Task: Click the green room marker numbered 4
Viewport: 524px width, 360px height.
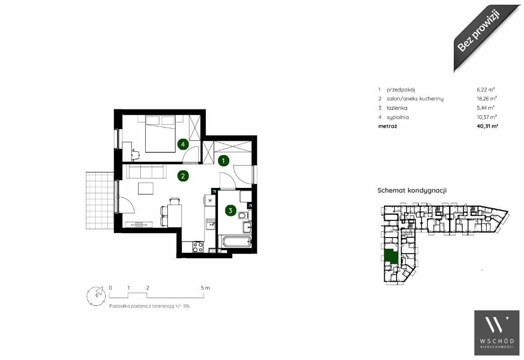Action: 183,144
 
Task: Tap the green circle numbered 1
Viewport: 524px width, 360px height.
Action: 223,161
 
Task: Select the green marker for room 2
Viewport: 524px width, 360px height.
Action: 183,176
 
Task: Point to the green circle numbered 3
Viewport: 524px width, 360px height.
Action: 231,210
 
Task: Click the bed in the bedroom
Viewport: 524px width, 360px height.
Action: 160,134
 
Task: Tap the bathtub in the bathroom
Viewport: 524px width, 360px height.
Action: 235,242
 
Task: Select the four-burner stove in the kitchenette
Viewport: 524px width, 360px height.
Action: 198,247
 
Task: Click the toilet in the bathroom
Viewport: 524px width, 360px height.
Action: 243,215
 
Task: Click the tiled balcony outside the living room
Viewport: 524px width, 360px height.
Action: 100,201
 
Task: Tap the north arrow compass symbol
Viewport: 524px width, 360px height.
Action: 96,296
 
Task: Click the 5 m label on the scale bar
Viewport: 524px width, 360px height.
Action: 205,288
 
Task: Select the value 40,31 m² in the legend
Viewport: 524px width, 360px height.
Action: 488,126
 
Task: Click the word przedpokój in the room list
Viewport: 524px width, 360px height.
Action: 401,90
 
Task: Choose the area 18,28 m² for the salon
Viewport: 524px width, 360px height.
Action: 487,98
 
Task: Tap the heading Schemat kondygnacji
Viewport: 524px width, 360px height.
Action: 412,190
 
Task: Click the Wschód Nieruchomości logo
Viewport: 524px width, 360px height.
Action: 497,333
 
